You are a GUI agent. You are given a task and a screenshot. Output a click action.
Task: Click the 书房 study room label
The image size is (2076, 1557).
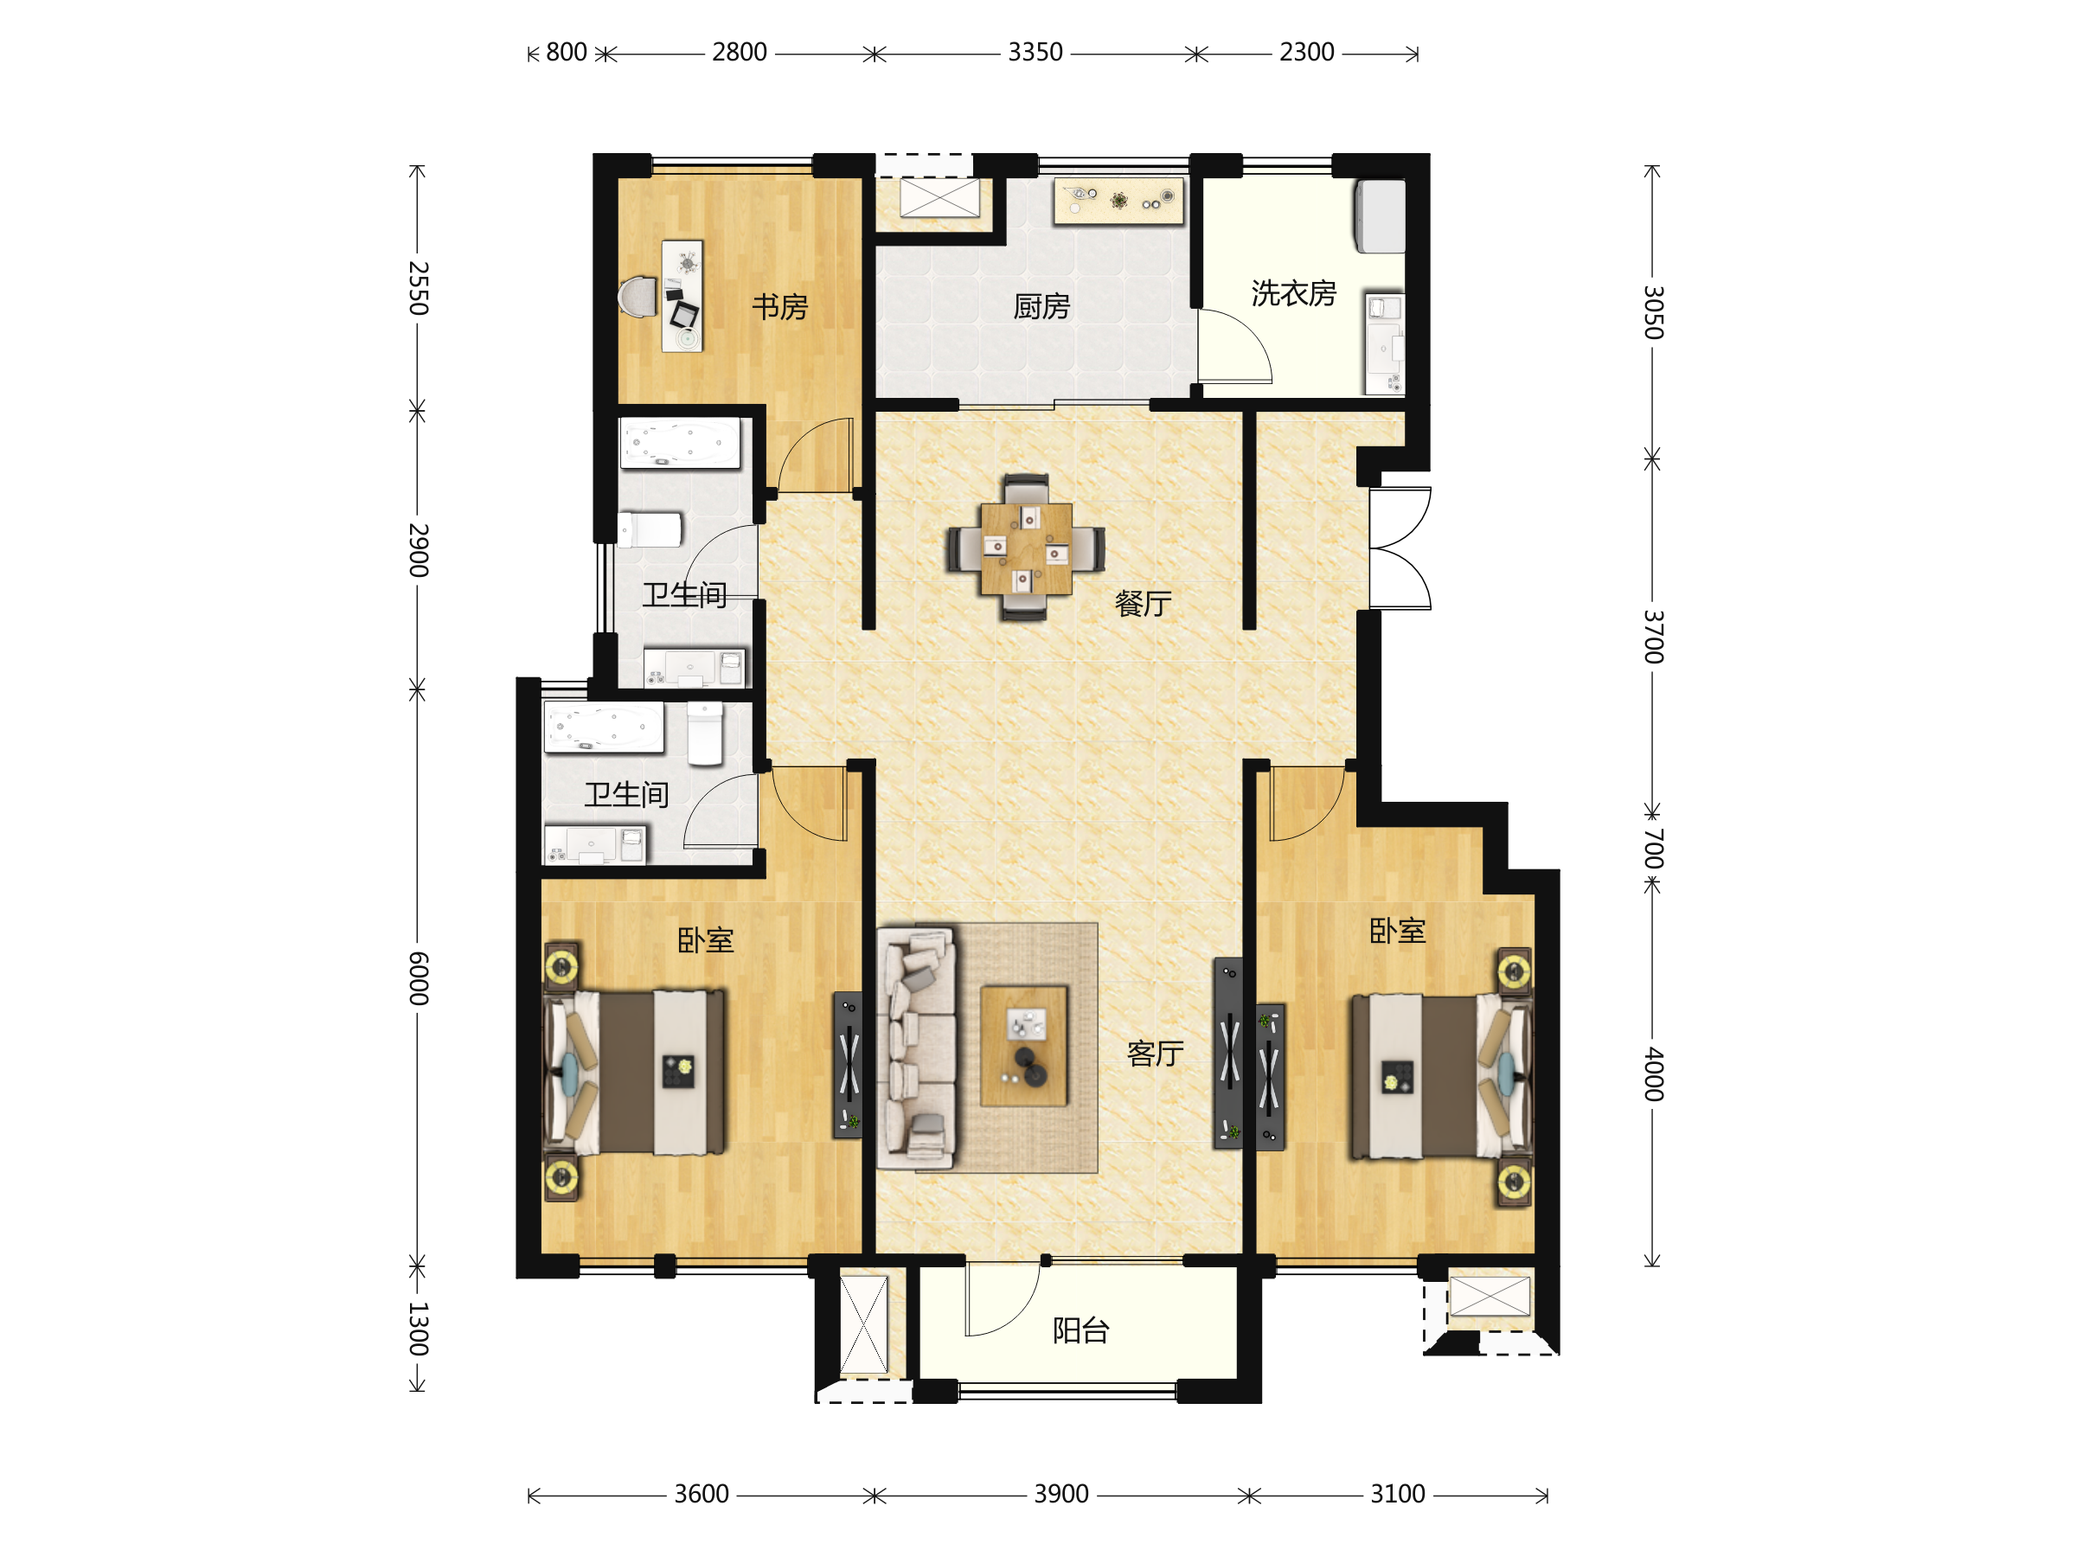pyautogui.click(x=780, y=307)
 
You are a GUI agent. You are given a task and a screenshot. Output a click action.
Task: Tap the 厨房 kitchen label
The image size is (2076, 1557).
pyautogui.click(x=1041, y=307)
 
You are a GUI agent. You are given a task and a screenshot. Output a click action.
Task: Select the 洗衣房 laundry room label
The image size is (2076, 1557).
pyautogui.click(x=1293, y=294)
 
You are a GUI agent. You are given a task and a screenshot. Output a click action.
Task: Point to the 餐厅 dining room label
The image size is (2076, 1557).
pyautogui.click(x=1144, y=604)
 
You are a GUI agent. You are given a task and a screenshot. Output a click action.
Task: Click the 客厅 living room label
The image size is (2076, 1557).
pyautogui.click(x=1156, y=1054)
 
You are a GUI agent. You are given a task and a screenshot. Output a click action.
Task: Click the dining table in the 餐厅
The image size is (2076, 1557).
pyautogui.click(x=1026, y=549)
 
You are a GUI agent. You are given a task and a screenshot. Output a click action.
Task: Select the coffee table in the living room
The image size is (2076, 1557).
pyautogui.click(x=1024, y=1046)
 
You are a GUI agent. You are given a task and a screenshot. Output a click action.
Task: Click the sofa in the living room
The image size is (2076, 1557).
pyautogui.click(x=916, y=1048)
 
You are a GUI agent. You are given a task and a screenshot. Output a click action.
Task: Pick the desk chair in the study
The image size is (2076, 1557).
pyautogui.click(x=638, y=297)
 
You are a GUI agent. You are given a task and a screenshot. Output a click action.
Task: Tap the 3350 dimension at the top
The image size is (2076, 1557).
pyautogui.click(x=1035, y=53)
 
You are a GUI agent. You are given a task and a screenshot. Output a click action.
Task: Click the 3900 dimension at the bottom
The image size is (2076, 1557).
pyautogui.click(x=1061, y=1494)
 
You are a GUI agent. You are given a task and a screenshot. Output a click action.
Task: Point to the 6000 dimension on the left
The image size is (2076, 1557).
pyautogui.click(x=419, y=979)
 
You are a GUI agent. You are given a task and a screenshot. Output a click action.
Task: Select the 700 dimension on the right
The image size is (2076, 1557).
pyautogui.click(x=1654, y=849)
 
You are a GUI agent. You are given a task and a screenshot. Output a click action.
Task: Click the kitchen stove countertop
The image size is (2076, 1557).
pyautogui.click(x=1118, y=201)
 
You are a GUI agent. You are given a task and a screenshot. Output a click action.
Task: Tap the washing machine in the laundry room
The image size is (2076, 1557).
pyautogui.click(x=1380, y=217)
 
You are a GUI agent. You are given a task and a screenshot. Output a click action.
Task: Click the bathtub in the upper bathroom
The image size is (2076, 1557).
pyautogui.click(x=681, y=443)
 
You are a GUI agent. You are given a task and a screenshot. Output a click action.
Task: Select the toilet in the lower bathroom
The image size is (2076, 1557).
pyautogui.click(x=705, y=733)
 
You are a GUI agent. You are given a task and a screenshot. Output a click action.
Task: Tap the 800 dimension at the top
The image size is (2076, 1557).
pyautogui.click(x=567, y=53)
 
